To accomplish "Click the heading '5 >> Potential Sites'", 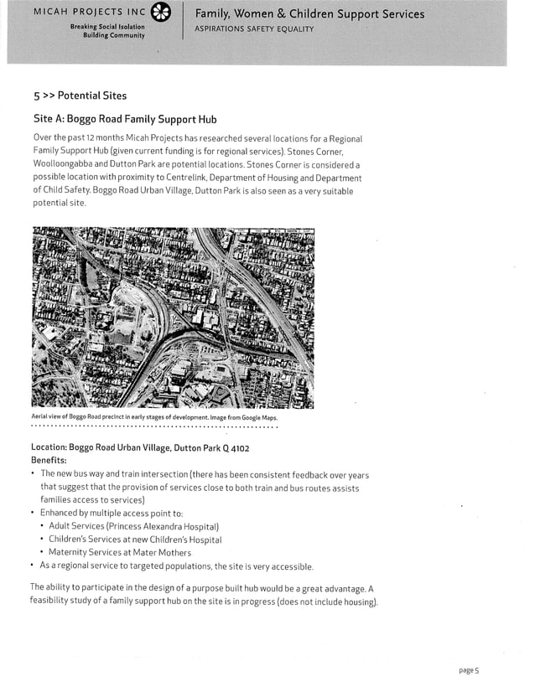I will pyautogui.click(x=80, y=96).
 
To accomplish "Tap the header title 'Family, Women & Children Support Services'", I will pyautogui.click(x=309, y=13).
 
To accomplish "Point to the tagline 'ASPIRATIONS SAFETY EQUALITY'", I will pyautogui.click(x=254, y=29).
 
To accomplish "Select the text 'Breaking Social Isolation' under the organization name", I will pyautogui.click(x=106, y=27).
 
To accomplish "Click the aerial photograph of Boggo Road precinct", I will pyautogui.click(x=172, y=318).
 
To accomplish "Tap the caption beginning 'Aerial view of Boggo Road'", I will pyautogui.click(x=154, y=417).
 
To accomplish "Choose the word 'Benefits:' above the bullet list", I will pyautogui.click(x=49, y=460).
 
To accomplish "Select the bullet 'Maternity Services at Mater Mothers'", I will pyautogui.click(x=119, y=553).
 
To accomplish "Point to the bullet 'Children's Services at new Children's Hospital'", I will pyautogui.click(x=134, y=540).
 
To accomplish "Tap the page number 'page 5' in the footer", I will pyautogui.click(x=468, y=670).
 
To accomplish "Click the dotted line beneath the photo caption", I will pyautogui.click(x=154, y=427).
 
